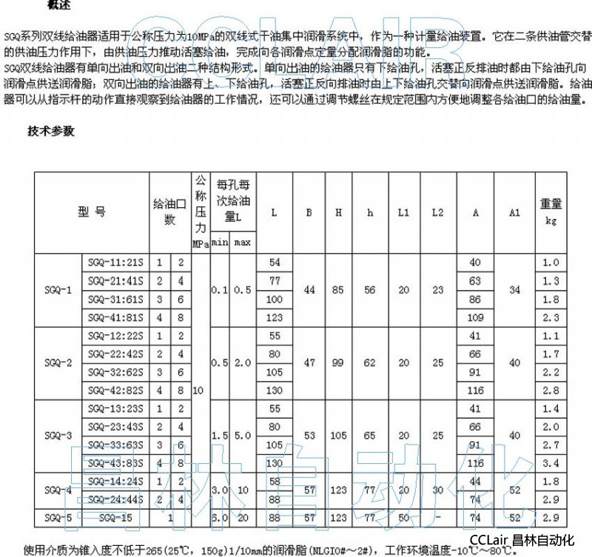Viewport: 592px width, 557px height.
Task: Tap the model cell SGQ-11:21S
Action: pyautogui.click(x=115, y=263)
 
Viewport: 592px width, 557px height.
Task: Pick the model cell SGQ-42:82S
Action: pyautogui.click(x=115, y=391)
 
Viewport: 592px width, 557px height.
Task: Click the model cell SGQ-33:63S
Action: pyautogui.click(x=115, y=445)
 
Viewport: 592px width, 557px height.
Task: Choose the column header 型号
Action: pyautogui.click(x=92, y=212)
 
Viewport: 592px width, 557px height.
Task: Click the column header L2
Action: pyautogui.click(x=437, y=212)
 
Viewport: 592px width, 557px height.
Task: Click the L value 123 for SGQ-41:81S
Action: pyautogui.click(x=275, y=317)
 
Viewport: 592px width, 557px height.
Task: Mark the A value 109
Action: pyautogui.click(x=475, y=317)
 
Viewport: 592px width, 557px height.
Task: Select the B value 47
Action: pyautogui.click(x=310, y=363)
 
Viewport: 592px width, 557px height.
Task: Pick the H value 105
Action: pyautogui.click(x=338, y=436)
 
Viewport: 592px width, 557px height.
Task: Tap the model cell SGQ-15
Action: pyautogui.click(x=115, y=518)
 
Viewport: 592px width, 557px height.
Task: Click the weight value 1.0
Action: pyautogui.click(x=548, y=263)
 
